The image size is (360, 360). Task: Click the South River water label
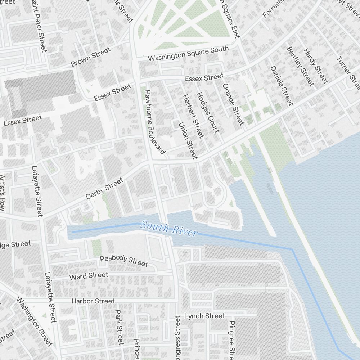coord(169,229)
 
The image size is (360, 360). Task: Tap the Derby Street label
coord(104,189)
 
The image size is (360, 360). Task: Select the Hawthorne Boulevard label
coord(155,122)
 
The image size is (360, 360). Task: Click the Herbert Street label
coord(193,116)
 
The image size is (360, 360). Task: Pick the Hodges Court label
coord(208,112)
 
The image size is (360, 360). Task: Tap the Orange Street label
coord(233,104)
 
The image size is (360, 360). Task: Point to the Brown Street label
coord(91,57)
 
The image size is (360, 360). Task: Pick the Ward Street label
coord(89,276)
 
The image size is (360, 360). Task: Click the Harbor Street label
coord(93,301)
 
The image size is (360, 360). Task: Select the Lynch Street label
coord(204,316)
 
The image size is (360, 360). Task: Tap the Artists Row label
coord(2,193)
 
